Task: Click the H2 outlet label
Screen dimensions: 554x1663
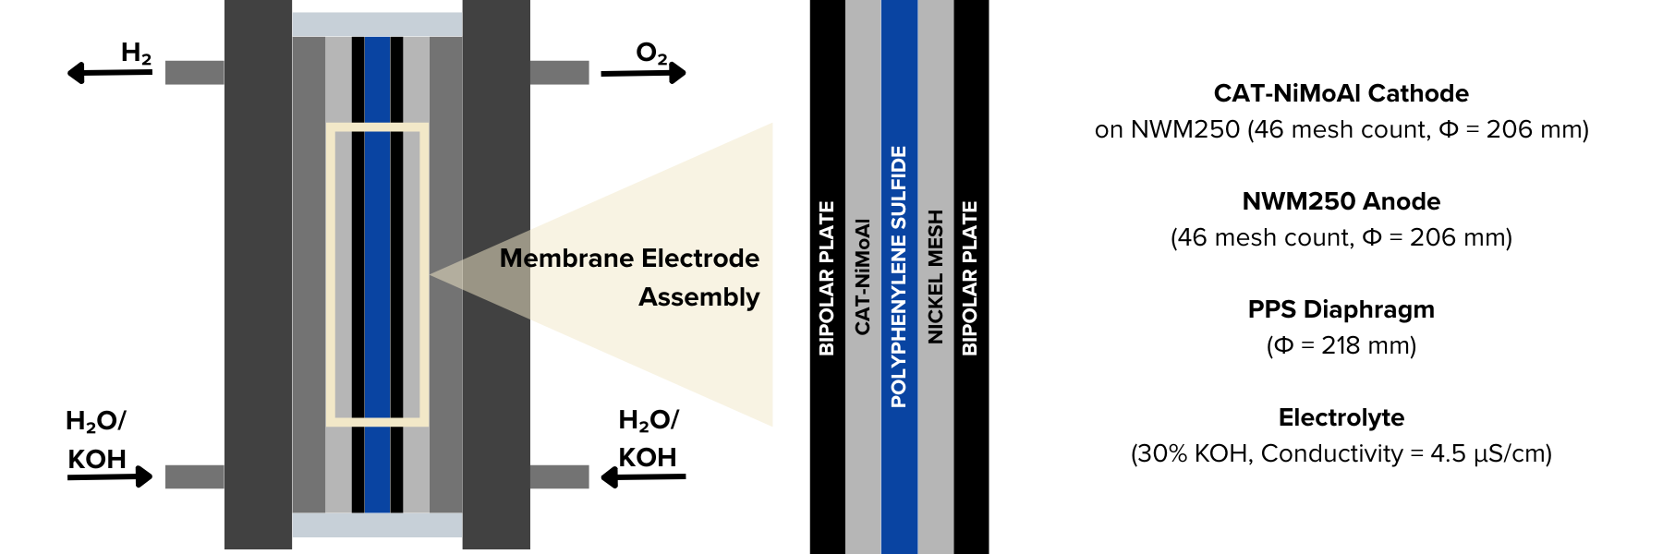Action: (136, 54)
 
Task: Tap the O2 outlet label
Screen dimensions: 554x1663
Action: (651, 54)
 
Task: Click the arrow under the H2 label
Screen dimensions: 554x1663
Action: (109, 72)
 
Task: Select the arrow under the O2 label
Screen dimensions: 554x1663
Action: (644, 72)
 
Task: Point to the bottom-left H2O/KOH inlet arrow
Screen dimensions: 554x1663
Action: (109, 476)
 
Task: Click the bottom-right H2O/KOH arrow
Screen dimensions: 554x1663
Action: (644, 476)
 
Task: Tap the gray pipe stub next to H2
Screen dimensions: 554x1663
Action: (194, 72)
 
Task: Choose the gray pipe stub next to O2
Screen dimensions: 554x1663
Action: (559, 72)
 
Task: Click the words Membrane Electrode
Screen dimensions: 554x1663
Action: (629, 258)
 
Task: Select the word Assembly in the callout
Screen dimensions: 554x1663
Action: (698, 297)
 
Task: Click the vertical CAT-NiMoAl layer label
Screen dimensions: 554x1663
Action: (862, 276)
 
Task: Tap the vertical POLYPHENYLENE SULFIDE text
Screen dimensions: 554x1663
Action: (898, 276)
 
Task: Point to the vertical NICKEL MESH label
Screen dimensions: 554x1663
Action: (935, 276)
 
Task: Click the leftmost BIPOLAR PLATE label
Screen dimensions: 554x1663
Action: (827, 277)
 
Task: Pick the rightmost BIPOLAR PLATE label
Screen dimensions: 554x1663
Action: (969, 277)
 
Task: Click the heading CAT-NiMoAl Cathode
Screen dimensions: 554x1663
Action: (1341, 93)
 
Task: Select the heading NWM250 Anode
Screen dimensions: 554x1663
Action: (1341, 201)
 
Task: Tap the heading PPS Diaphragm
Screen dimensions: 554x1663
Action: (1341, 309)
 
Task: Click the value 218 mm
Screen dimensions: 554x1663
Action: (1367, 345)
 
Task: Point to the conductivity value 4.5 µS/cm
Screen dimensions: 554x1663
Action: (1489, 453)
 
